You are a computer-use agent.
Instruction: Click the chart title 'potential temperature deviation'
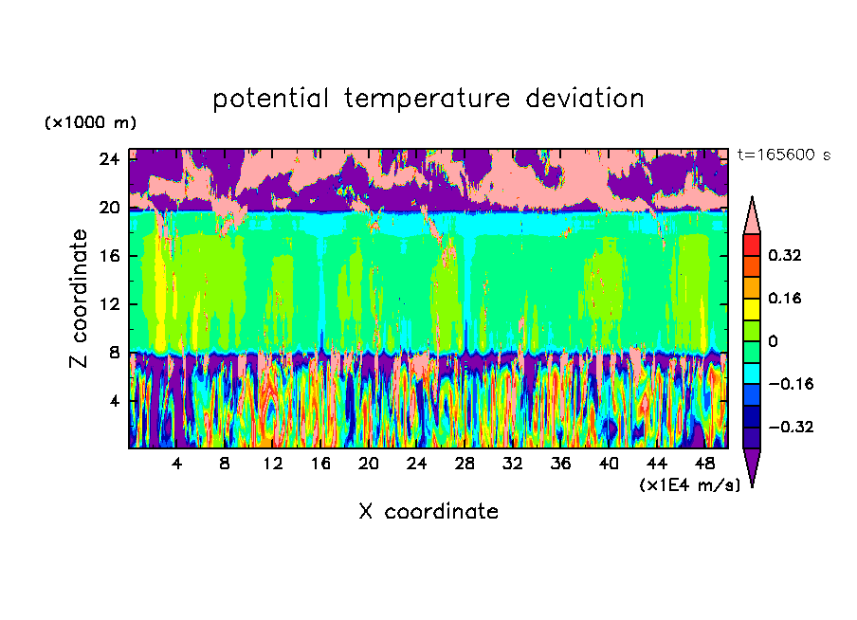pyautogui.click(x=428, y=99)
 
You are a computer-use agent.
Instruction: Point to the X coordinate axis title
pyautogui.click(x=428, y=512)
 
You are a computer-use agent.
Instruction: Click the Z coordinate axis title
pyautogui.click(x=81, y=299)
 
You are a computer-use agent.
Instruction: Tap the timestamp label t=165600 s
pyautogui.click(x=783, y=155)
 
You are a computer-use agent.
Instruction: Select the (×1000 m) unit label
pyautogui.click(x=90, y=122)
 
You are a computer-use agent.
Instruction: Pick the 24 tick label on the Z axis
pyautogui.click(x=109, y=159)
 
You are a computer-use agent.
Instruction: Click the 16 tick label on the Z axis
pyautogui.click(x=109, y=256)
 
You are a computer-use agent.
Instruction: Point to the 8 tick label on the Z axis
pyautogui.click(x=113, y=353)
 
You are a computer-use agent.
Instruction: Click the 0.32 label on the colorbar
pyautogui.click(x=785, y=255)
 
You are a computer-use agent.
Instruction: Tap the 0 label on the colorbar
pyautogui.click(x=773, y=341)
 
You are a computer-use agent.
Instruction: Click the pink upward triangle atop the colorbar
pyautogui.click(x=752, y=215)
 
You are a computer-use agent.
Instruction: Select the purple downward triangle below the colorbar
pyautogui.click(x=752, y=466)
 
